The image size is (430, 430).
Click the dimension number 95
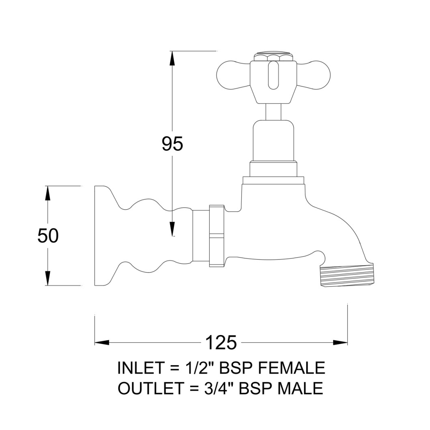click(x=172, y=144)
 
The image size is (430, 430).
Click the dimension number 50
click(x=48, y=236)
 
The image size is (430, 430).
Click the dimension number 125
click(x=221, y=342)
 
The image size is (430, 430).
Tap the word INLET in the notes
click(x=140, y=368)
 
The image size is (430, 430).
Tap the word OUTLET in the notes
click(x=150, y=388)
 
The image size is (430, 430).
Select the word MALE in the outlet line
click(x=300, y=388)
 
